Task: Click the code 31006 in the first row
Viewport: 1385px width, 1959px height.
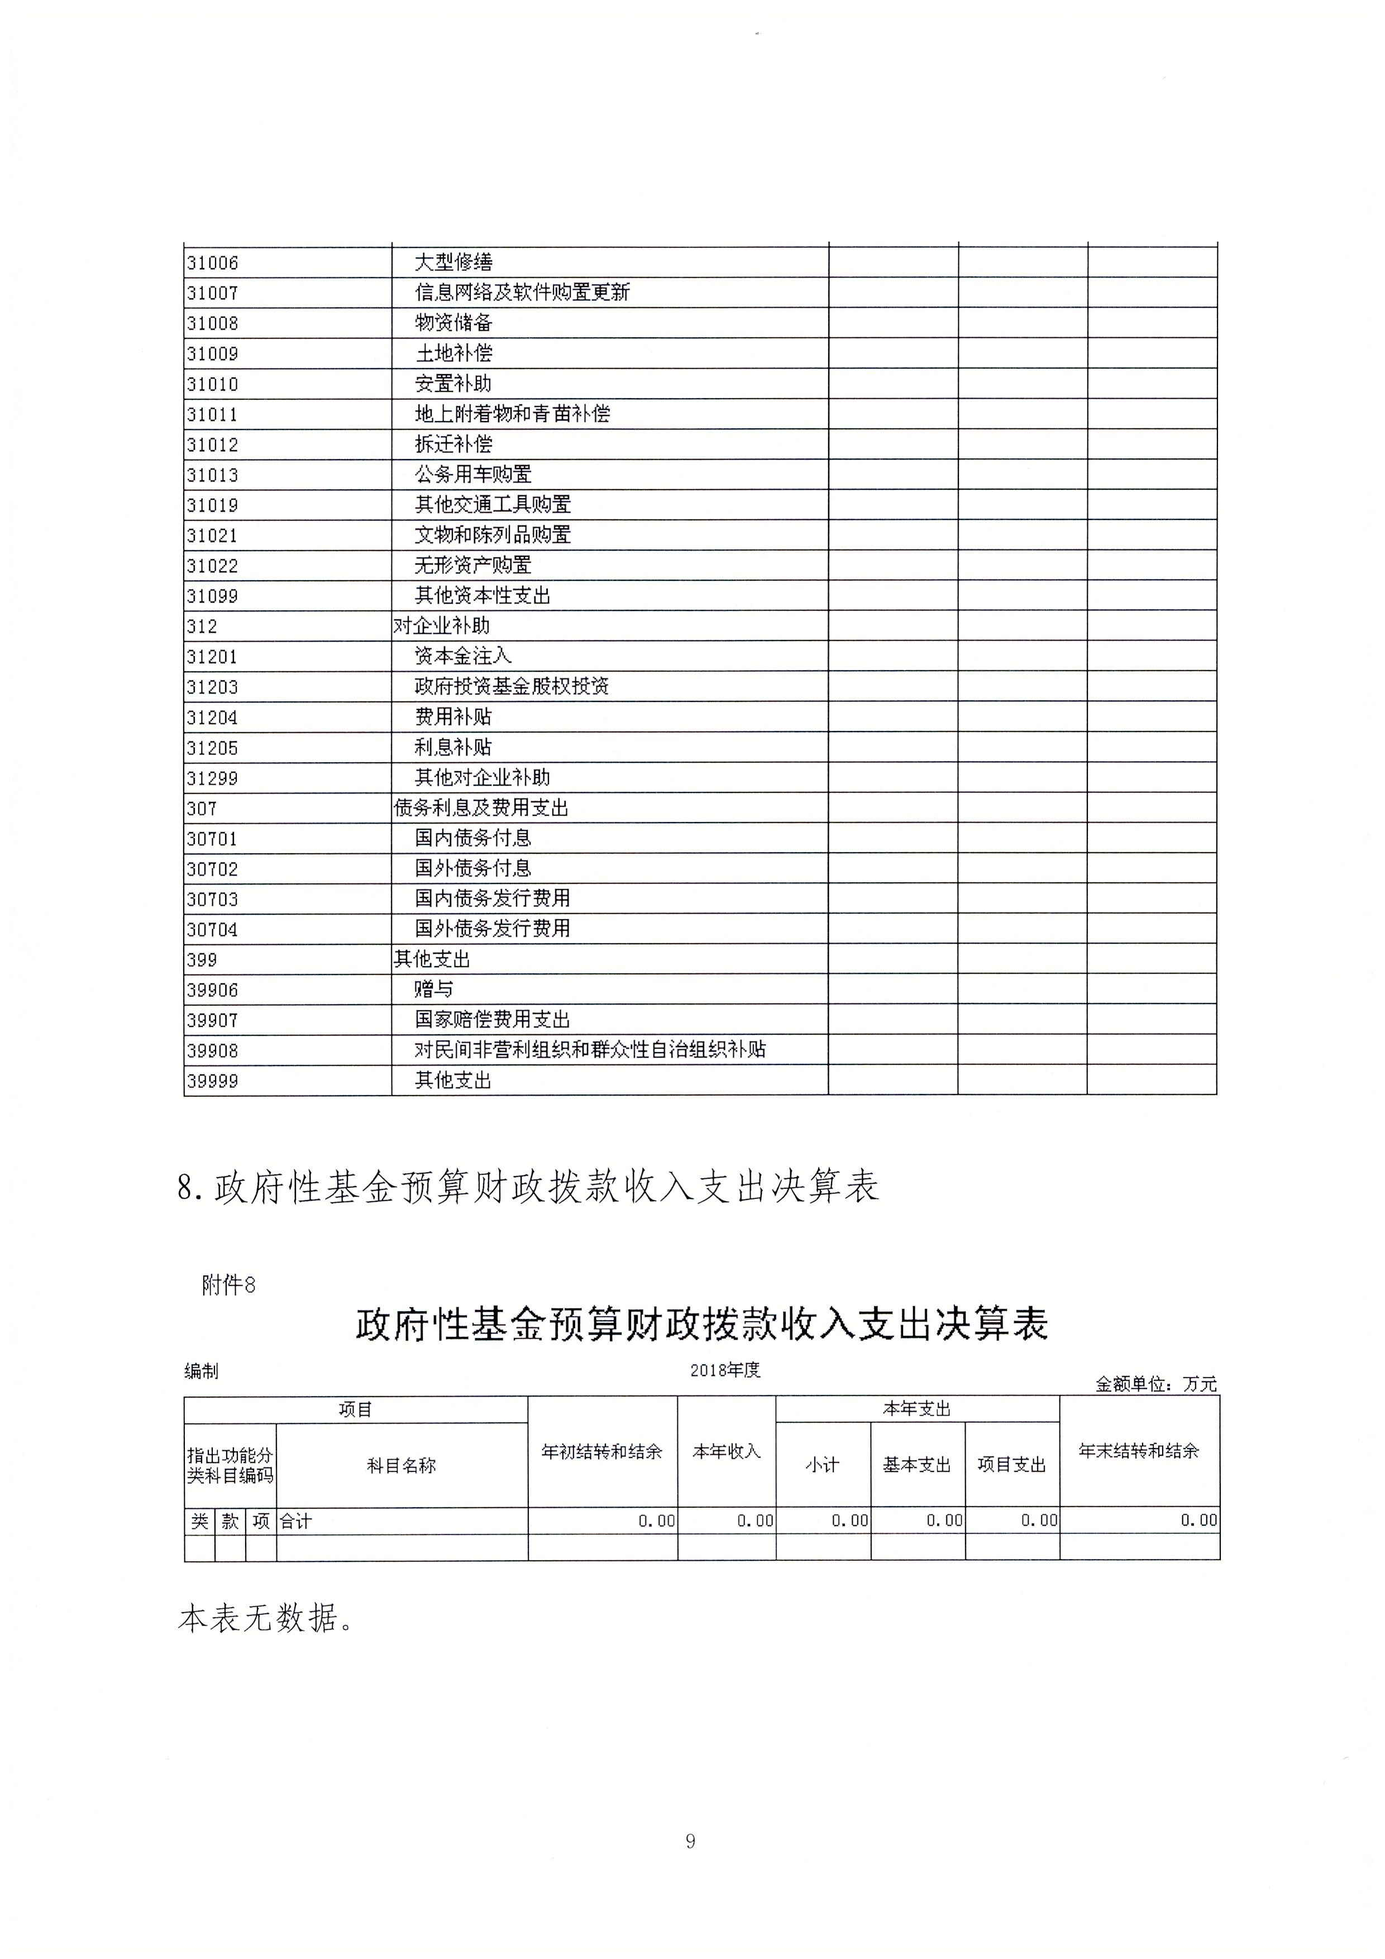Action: click(212, 263)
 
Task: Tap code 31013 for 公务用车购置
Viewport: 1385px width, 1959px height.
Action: click(212, 475)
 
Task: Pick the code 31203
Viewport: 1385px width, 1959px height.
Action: click(212, 687)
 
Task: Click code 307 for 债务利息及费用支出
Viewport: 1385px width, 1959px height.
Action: click(202, 808)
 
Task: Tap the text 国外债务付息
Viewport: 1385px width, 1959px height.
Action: click(473, 868)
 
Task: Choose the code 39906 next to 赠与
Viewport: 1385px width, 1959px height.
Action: click(212, 990)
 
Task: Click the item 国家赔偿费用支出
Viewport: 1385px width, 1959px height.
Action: click(493, 1020)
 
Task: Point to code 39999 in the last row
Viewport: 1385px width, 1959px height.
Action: click(212, 1081)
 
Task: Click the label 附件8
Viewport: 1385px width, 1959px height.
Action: click(228, 1285)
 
